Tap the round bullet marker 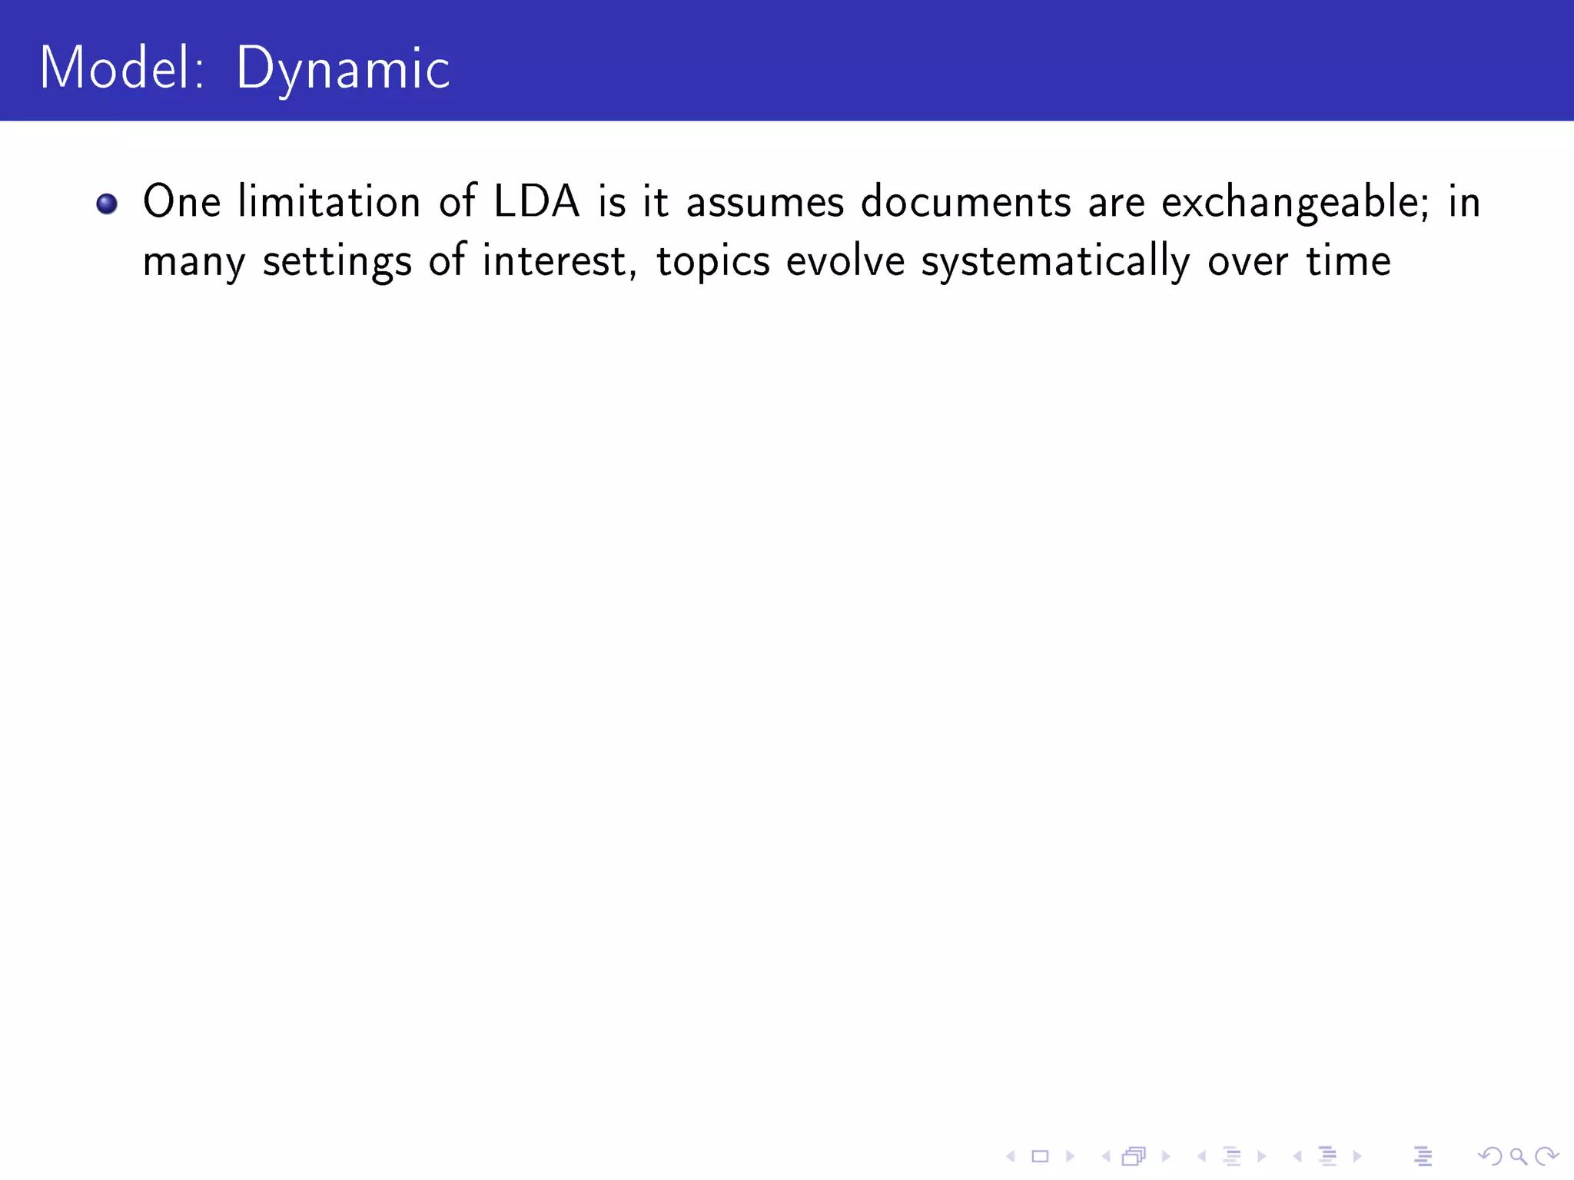tap(107, 204)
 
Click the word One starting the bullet tap(181, 202)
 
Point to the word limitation tap(329, 202)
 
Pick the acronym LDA tap(536, 202)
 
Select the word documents tap(965, 202)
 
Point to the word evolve tap(845, 261)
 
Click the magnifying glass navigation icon tap(1518, 1156)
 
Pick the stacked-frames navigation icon tap(1134, 1156)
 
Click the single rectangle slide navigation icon tap(1040, 1156)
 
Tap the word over tap(1247, 261)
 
